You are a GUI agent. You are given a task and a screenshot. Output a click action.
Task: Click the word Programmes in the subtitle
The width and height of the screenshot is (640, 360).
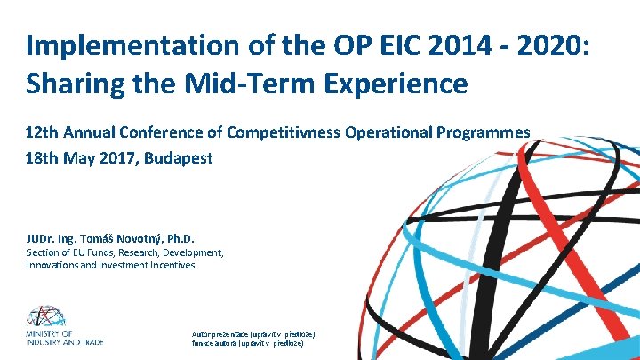(482, 132)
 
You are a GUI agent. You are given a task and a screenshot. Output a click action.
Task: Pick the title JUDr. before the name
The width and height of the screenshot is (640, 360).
(40, 238)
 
